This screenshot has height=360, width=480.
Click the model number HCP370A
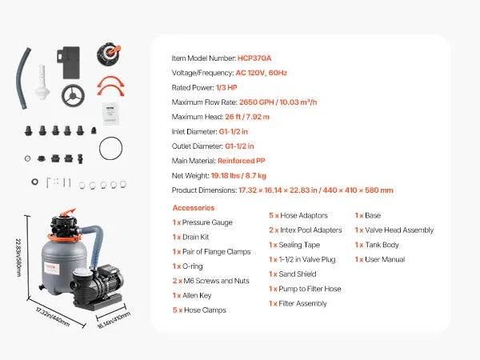(x=254, y=58)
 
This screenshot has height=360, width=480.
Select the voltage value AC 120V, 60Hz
(x=261, y=73)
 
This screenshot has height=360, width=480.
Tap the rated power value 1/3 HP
(x=226, y=87)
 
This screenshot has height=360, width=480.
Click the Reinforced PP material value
(x=242, y=161)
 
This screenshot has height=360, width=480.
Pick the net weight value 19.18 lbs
(x=226, y=176)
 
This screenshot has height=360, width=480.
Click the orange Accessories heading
(x=194, y=208)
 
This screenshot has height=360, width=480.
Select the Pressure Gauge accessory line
(x=202, y=222)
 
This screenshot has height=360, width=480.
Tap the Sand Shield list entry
(x=292, y=274)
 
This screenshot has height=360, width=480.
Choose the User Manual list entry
(x=380, y=259)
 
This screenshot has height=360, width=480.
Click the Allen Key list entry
(x=192, y=296)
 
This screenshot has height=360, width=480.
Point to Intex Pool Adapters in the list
(x=306, y=230)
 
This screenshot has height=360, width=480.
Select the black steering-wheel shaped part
(x=73, y=96)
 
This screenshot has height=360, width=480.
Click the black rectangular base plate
(x=69, y=62)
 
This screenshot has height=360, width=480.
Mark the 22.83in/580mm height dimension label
(x=18, y=258)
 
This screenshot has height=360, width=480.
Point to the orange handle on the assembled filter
(x=68, y=212)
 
